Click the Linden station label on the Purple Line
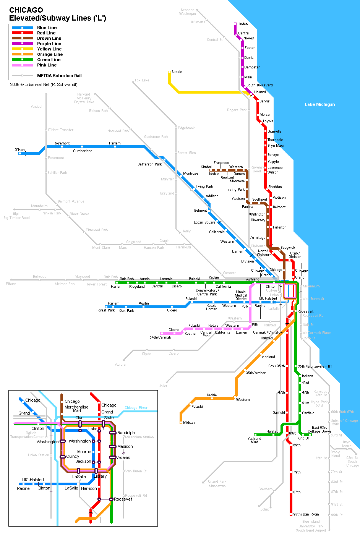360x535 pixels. [243, 24]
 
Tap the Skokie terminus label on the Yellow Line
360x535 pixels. [177, 72]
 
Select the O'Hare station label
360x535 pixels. [20, 150]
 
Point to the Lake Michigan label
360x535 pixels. [319, 104]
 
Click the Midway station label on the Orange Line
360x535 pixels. [189, 423]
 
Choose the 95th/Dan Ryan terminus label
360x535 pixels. [306, 514]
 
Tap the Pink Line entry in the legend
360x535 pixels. [47, 65]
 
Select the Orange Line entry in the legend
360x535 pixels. [50, 54]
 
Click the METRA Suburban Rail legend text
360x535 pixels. [59, 76]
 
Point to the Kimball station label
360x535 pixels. [206, 167]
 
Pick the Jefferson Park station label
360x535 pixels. [150, 164]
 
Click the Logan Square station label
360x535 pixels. [204, 222]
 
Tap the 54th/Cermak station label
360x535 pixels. [160, 337]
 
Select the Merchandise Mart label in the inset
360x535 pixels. [76, 409]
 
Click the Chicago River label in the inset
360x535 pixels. [136, 408]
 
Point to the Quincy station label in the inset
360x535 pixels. [73, 456]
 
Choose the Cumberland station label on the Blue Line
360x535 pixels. [83, 151]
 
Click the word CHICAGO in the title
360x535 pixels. [26, 10]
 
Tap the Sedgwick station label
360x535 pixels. [288, 248]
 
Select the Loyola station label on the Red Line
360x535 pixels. [268, 121]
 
